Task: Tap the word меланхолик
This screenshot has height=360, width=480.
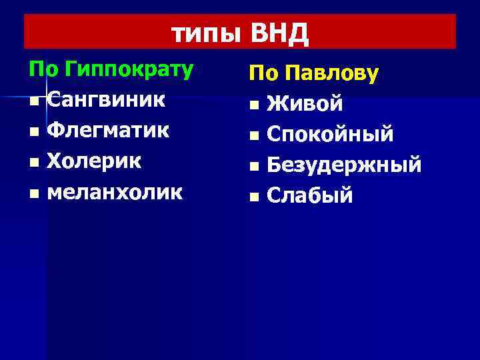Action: (115, 192)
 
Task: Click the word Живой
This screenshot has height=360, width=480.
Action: (305, 105)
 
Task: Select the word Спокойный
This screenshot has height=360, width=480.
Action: (330, 135)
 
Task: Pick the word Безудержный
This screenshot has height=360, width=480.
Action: (344, 166)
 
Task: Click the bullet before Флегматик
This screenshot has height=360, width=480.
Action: (34, 132)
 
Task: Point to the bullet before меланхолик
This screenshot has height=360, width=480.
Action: (34, 193)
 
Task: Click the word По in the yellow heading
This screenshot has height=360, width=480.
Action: (263, 74)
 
